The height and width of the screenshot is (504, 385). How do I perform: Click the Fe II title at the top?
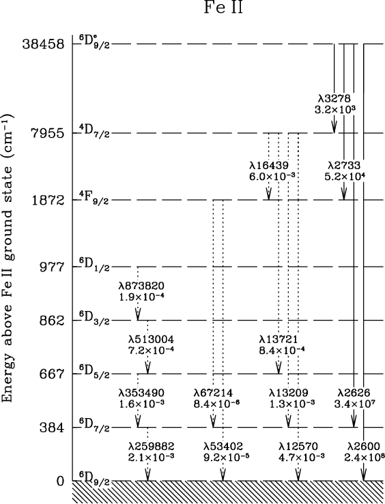coord(223,7)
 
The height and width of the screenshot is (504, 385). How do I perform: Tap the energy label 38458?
coord(43,44)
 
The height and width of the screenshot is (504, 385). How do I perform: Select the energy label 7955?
coord(48,133)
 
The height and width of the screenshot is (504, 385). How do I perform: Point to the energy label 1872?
coord(48,201)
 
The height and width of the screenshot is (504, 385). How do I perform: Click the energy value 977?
coord(52,267)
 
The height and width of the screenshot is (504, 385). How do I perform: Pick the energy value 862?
coord(52,321)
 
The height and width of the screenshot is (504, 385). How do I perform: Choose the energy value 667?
coord(52,374)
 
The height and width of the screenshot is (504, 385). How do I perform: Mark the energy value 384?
coord(52,428)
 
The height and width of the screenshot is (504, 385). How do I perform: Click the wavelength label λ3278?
coord(334,98)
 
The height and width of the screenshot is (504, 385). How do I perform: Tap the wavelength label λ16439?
coord(269,166)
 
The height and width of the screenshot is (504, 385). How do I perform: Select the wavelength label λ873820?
coord(141,286)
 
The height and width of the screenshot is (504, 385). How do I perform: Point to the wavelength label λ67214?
coord(213,393)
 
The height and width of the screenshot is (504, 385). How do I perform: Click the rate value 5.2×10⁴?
coord(345,177)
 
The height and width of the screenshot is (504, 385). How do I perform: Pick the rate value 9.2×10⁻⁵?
coord(227,457)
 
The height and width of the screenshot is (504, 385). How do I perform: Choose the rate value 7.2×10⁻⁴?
coord(151,350)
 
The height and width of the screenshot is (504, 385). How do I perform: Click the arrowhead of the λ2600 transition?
coord(363,475)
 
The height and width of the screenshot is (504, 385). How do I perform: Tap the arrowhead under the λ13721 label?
coord(279,368)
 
